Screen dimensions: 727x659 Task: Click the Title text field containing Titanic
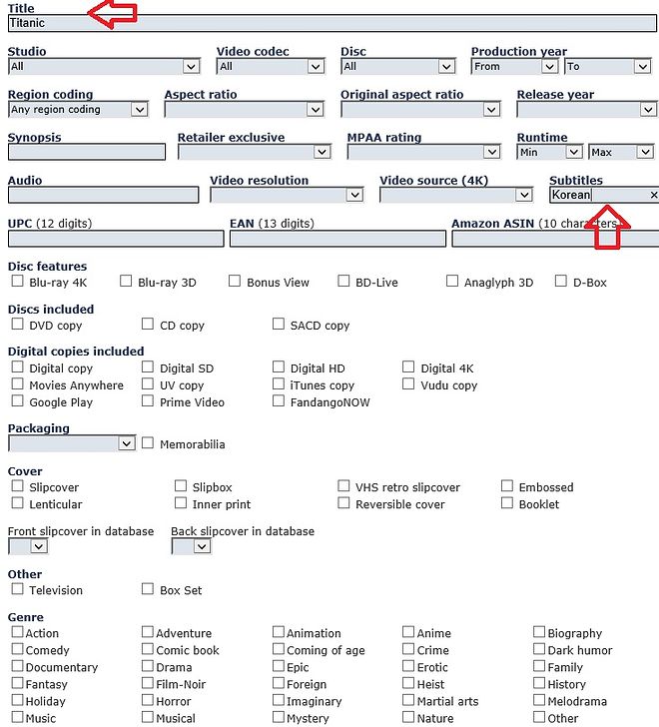(x=329, y=23)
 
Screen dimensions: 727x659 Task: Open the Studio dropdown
(x=104, y=67)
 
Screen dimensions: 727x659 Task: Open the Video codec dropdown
(x=270, y=67)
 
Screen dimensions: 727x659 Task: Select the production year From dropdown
(x=514, y=67)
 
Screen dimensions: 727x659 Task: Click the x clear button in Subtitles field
(x=653, y=196)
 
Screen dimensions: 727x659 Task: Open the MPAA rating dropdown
(x=423, y=153)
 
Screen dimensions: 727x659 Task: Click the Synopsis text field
(x=86, y=153)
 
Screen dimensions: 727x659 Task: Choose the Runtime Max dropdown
(x=620, y=153)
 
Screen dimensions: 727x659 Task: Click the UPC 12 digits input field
(x=116, y=240)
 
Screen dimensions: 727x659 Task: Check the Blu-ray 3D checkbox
(x=127, y=282)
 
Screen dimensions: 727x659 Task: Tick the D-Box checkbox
(x=561, y=282)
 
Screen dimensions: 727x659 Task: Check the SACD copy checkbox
(x=279, y=325)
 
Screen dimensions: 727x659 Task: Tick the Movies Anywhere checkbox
(x=18, y=384)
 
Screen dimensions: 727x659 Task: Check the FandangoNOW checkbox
(x=279, y=401)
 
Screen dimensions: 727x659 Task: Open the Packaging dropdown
(x=71, y=443)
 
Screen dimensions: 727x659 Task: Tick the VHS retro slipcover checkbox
(x=344, y=487)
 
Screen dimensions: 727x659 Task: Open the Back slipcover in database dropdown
(x=191, y=547)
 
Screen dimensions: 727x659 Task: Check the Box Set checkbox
(x=148, y=590)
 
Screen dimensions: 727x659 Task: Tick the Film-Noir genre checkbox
(x=148, y=684)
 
